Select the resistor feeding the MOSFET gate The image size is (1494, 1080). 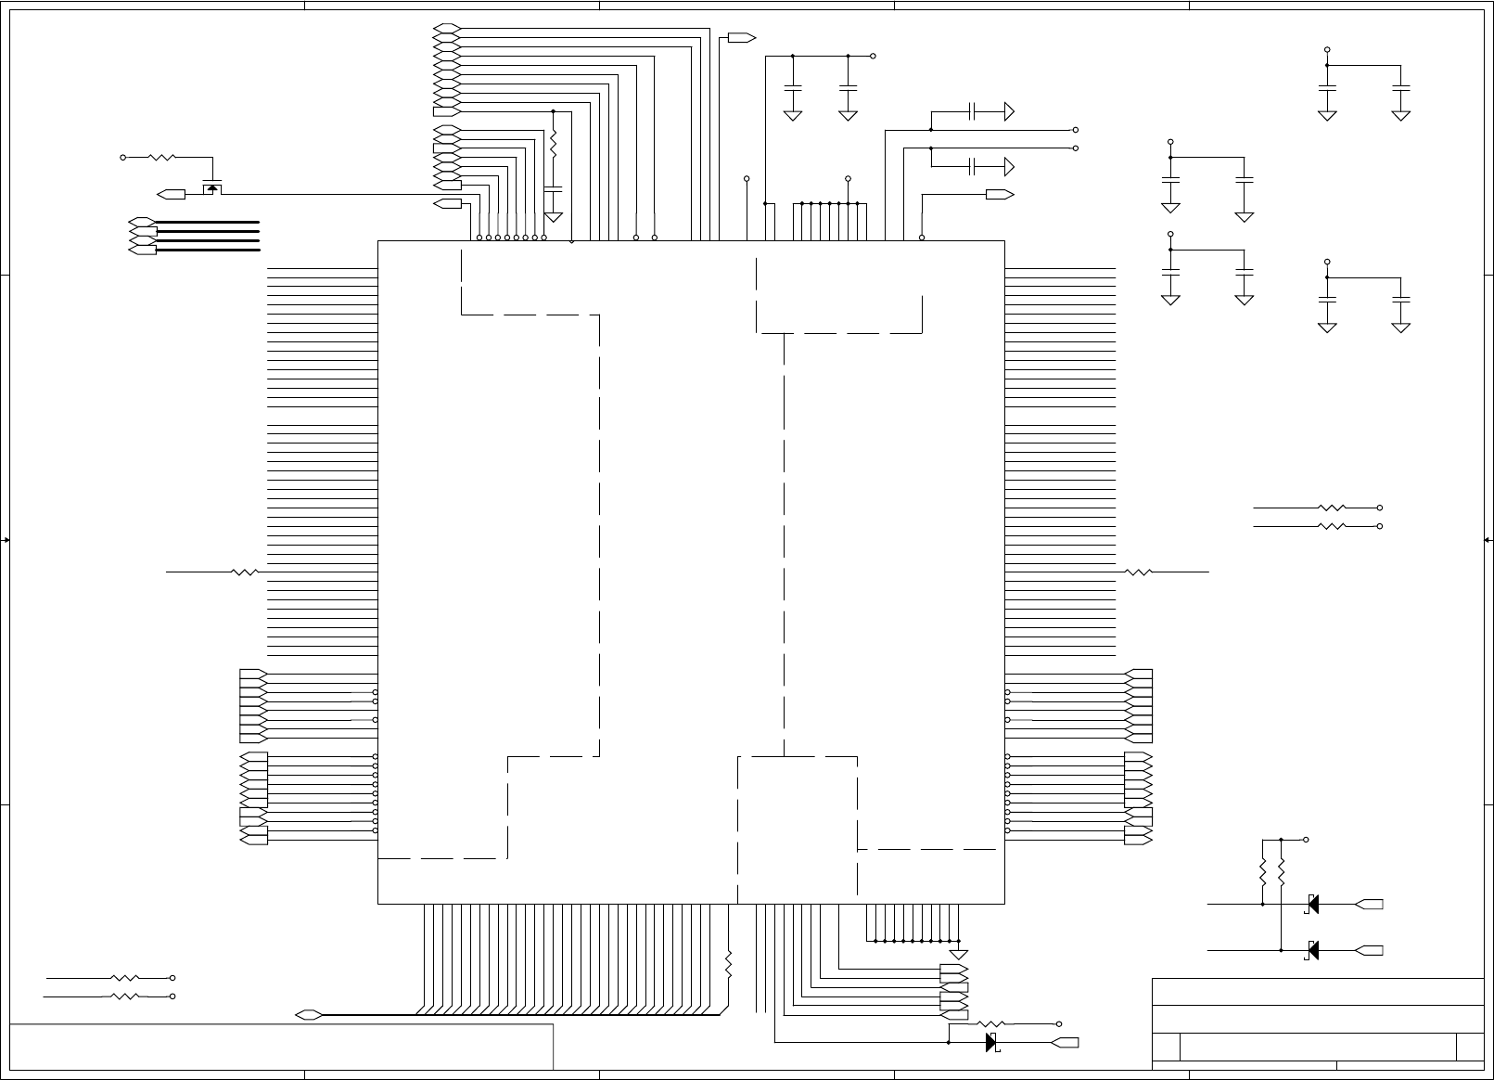[161, 158]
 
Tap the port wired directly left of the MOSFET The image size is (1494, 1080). [172, 195]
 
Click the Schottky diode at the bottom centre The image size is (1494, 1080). [990, 1042]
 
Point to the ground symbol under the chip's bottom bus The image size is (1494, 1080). [959, 954]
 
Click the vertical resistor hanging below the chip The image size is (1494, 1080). [729, 965]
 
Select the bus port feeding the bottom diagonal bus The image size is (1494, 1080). [309, 1014]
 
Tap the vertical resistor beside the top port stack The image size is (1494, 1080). [554, 144]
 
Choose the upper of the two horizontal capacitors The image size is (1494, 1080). [972, 112]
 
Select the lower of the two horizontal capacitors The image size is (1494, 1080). [972, 167]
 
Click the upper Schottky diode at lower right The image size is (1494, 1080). [1312, 904]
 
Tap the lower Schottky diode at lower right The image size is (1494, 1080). [1312, 950]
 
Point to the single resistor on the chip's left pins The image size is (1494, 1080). [245, 572]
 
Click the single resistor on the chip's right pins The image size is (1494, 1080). [1138, 572]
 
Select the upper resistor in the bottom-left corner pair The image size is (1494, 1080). [124, 978]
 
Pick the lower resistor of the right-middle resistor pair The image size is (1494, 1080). [1332, 526]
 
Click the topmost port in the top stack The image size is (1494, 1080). [446, 28]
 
